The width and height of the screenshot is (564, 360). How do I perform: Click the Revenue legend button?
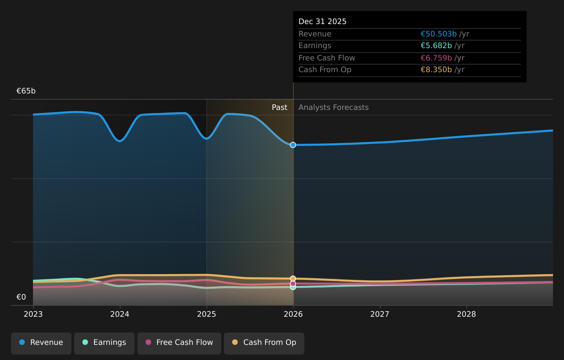(x=41, y=342)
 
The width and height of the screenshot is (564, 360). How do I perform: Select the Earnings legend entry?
(x=104, y=342)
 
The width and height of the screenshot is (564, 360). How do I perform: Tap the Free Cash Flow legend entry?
(x=179, y=342)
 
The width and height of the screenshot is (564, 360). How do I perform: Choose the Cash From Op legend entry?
(x=264, y=342)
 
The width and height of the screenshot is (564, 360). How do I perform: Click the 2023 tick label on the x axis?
(x=33, y=314)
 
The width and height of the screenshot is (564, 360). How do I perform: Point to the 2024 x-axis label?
(x=120, y=314)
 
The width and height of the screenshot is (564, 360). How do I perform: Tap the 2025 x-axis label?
(x=206, y=314)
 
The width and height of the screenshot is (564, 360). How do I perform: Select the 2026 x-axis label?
(x=293, y=314)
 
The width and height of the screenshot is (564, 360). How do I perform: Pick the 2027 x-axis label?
(x=380, y=314)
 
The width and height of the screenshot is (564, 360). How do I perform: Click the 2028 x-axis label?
(x=466, y=314)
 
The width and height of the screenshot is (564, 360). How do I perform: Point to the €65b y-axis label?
(x=26, y=91)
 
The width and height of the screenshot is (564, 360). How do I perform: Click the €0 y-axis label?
(x=21, y=297)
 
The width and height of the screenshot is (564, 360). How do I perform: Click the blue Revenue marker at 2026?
(x=293, y=145)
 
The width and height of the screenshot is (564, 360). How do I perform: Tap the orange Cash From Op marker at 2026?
(x=293, y=279)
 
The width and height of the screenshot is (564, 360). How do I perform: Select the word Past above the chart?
(x=280, y=108)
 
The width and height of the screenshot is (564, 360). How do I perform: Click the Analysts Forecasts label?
(x=334, y=108)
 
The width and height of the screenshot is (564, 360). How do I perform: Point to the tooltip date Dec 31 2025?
(x=323, y=22)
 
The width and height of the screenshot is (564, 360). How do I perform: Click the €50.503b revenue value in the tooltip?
(x=439, y=34)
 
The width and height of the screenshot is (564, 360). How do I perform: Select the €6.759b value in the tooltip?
(x=436, y=58)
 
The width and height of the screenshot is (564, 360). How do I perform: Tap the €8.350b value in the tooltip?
(x=436, y=70)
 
